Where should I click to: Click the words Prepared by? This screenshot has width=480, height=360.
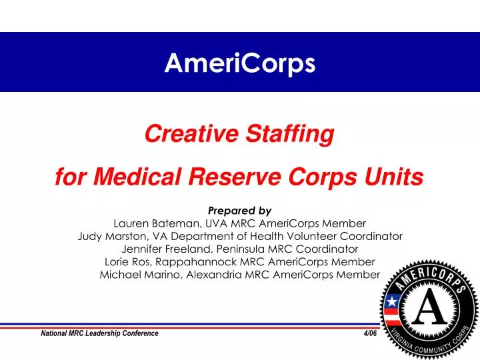[x=239, y=211]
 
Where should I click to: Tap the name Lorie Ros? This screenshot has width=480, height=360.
[x=129, y=261]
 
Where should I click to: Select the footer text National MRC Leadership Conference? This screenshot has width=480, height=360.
[x=100, y=333]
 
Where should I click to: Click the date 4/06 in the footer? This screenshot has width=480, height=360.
[x=370, y=333]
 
